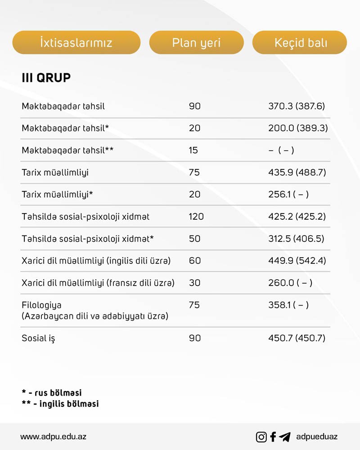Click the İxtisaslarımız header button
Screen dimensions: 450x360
(76, 43)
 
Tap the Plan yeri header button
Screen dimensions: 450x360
(196, 43)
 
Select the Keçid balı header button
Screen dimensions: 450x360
(300, 43)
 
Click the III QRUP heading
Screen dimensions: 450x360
(46, 78)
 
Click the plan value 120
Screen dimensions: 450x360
(196, 217)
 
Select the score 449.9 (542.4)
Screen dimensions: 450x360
(297, 261)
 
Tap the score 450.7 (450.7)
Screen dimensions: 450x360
(297, 338)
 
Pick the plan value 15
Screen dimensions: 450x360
(193, 150)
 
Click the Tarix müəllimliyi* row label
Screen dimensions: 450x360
(57, 194)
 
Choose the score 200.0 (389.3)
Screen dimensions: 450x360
(298, 128)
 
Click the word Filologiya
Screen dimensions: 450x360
(41, 305)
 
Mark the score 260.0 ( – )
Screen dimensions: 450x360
(290, 283)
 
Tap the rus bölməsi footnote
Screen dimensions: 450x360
(52, 393)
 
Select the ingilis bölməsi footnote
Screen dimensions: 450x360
(60, 404)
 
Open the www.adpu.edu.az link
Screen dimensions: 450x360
(53, 437)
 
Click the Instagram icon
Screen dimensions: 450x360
(261, 437)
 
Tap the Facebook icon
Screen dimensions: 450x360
(273, 437)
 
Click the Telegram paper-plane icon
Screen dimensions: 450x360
(284, 437)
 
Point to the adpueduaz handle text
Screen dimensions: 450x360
(317, 437)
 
